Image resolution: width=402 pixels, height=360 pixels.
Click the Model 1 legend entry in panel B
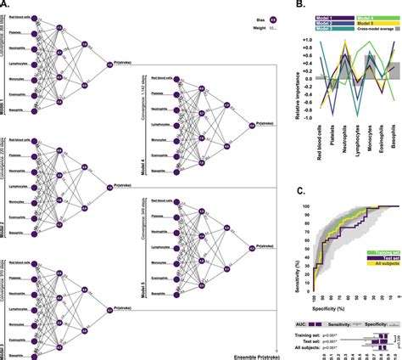pos(306,15)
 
